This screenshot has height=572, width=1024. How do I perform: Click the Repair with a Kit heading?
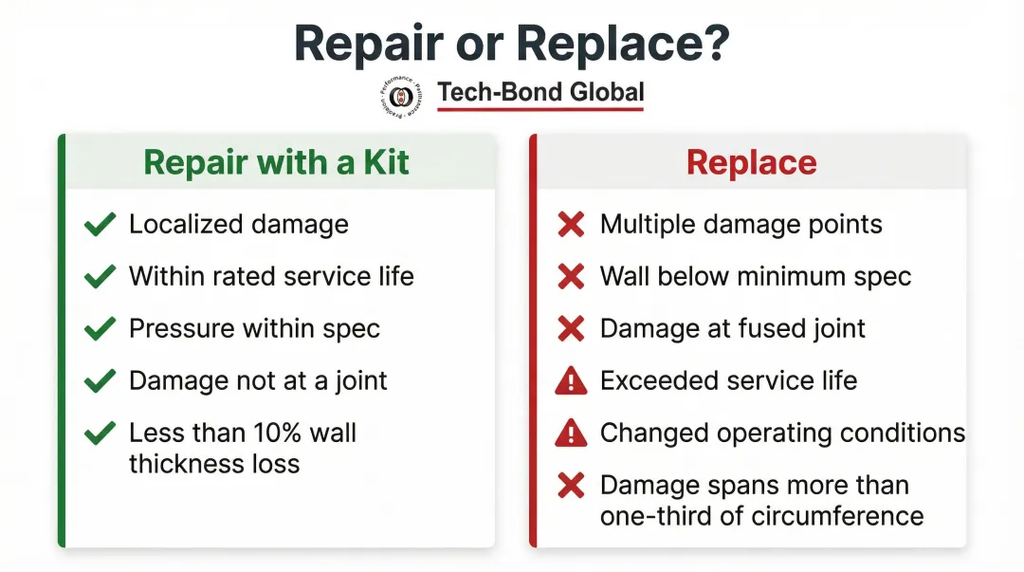(x=276, y=162)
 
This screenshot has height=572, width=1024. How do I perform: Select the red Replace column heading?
(x=751, y=162)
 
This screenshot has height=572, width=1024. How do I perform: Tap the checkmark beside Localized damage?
(x=100, y=225)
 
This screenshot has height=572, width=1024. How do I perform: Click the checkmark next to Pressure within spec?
(x=100, y=329)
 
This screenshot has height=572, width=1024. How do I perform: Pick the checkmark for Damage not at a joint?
(x=100, y=381)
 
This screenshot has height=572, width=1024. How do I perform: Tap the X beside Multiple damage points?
(x=570, y=225)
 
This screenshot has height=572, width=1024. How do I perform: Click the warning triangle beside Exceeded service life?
(x=570, y=381)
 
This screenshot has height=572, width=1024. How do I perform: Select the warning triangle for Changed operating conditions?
(x=570, y=434)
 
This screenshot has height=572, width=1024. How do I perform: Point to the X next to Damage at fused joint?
(x=570, y=329)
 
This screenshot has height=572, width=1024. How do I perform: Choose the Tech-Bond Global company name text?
(x=540, y=93)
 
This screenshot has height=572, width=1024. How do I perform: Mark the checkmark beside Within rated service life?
(x=100, y=277)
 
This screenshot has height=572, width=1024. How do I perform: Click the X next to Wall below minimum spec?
(x=570, y=277)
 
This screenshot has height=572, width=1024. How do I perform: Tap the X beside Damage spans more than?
(x=570, y=486)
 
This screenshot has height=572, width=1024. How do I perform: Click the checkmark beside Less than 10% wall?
(x=100, y=434)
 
